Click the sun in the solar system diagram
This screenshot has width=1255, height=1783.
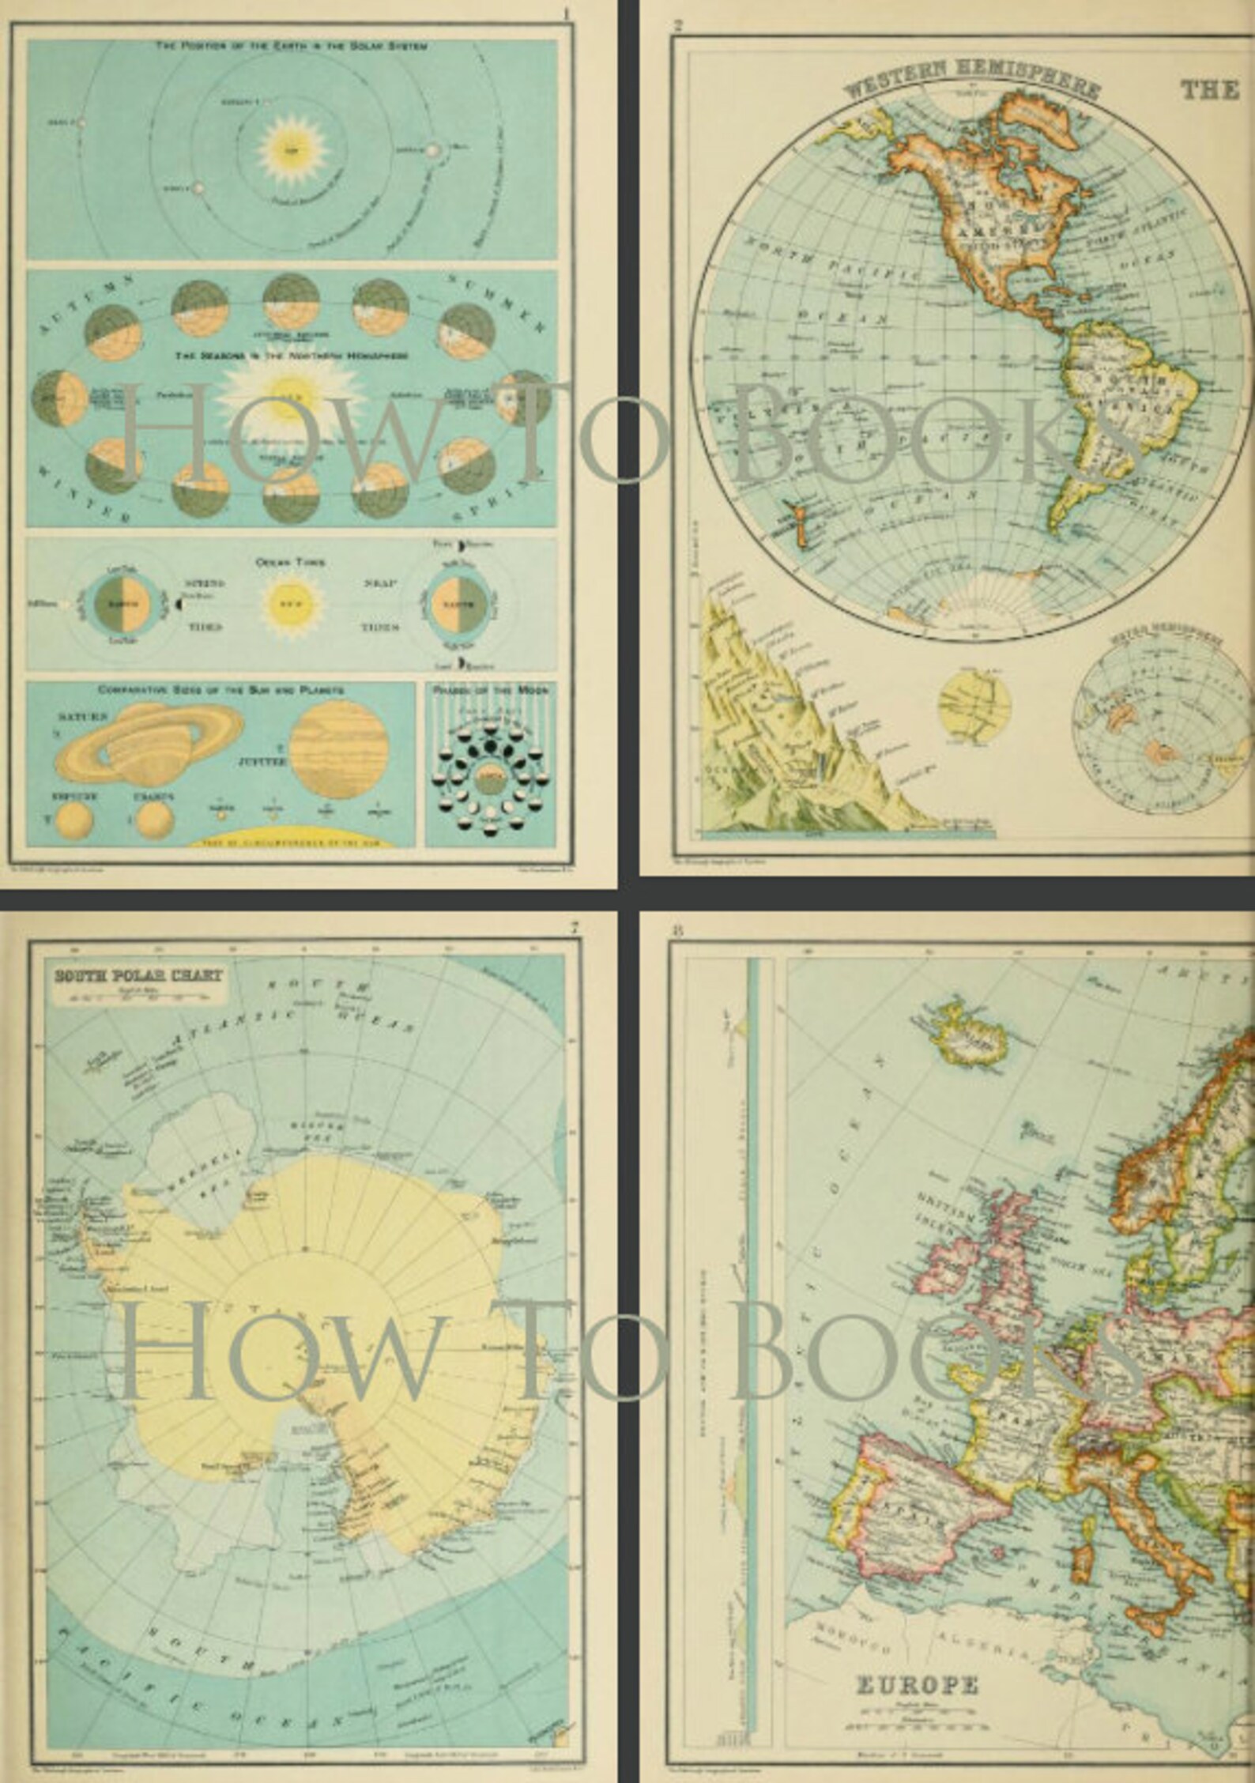[293, 149]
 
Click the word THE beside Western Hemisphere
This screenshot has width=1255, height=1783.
[1210, 90]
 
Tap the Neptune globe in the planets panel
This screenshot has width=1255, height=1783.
[75, 820]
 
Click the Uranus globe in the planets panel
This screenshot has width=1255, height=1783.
[155, 820]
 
